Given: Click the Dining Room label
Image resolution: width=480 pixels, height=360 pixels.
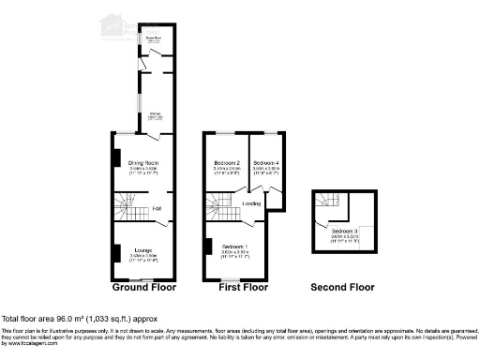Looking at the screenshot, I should point(142,163).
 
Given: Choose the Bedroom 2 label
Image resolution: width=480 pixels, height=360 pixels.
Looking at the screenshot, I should point(227,163).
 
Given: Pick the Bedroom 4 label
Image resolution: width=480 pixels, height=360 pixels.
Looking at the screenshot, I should point(266,163).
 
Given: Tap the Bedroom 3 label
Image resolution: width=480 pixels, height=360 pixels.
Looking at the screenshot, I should point(343,230).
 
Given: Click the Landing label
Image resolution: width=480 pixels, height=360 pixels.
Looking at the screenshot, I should point(251,202).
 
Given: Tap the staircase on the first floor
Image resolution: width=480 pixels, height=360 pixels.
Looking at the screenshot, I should point(221,204).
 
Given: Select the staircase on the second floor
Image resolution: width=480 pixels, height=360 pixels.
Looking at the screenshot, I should point(327,202).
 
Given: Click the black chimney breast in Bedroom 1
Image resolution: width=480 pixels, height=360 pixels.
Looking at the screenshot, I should point(206,247).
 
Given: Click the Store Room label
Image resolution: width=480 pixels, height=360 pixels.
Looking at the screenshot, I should point(152,38).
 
